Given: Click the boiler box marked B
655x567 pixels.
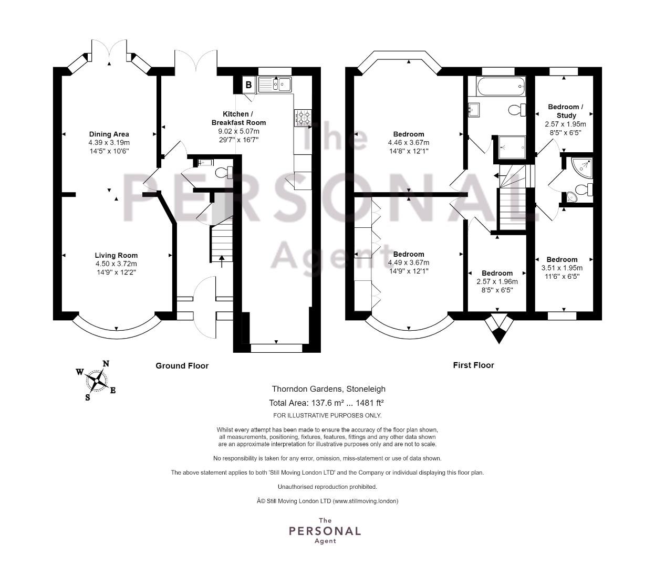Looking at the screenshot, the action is coord(249,85).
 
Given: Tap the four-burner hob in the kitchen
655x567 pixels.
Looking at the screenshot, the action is coord(303,118).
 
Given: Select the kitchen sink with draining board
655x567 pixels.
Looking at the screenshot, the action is coord(275,85).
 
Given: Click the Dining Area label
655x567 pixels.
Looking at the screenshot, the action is coord(109,134).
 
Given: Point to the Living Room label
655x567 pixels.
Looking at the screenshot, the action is coord(116,255).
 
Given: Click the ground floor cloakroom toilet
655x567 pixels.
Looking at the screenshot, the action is coord(224,173).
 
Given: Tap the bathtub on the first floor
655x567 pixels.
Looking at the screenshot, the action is coord(501,86).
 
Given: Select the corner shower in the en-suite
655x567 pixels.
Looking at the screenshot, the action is coord(583,167).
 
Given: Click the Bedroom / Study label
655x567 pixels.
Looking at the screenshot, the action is coord(566,111).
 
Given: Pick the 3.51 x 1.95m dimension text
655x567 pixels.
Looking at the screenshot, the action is coord(562,268).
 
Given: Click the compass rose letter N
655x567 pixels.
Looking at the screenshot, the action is coord(106,364).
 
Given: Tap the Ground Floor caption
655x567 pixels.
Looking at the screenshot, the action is coord(182,366).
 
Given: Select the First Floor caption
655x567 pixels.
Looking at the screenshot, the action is coord(473,365).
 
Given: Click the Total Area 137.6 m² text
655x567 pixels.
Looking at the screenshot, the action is coord(307,403).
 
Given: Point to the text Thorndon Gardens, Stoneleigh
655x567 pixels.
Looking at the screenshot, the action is coord(329,389).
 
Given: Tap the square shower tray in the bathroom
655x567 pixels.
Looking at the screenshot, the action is coord(512,148).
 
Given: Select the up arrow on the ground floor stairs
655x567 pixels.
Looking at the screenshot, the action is coord(222,261).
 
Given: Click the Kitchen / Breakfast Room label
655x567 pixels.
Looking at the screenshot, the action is coord(238,118).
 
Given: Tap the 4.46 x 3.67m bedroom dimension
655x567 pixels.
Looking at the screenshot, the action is coord(409,143).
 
